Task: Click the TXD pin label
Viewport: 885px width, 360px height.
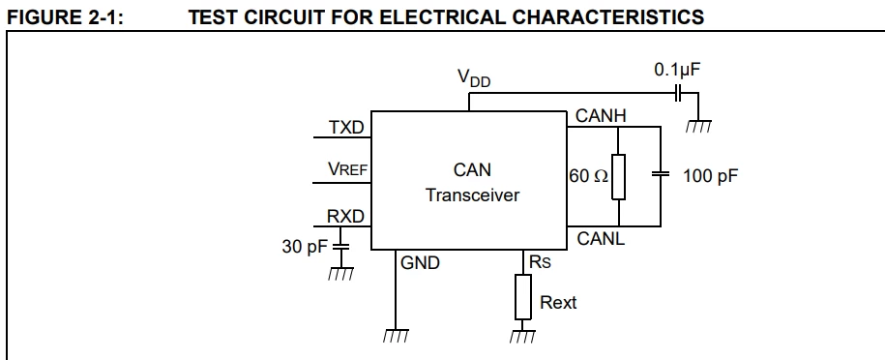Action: click(x=346, y=127)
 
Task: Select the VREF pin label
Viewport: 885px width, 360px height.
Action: click(x=347, y=168)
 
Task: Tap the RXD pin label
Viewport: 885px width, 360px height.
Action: click(x=345, y=217)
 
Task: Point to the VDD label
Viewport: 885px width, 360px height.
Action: click(x=474, y=78)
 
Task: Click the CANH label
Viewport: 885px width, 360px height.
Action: click(x=601, y=116)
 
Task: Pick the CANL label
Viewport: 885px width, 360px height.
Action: click(x=601, y=239)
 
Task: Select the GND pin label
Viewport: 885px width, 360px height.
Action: click(x=420, y=263)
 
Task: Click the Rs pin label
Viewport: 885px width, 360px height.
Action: click(x=540, y=261)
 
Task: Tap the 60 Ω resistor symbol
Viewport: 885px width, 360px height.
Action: click(x=619, y=176)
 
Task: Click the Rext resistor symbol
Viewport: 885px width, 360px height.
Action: click(x=522, y=297)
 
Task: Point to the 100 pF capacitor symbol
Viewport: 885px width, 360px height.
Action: click(x=661, y=174)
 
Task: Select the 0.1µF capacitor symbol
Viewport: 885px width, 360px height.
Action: click(x=679, y=93)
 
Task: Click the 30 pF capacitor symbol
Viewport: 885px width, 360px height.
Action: click(x=340, y=246)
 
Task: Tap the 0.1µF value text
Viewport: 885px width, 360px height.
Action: click(x=678, y=70)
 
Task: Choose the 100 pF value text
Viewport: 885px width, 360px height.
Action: click(x=710, y=176)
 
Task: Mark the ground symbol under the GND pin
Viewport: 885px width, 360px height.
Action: click(x=395, y=336)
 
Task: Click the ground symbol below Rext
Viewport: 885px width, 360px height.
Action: click(x=522, y=336)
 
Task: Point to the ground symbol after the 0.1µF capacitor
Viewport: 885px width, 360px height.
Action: click(x=698, y=127)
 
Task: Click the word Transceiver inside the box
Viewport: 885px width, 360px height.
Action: click(x=472, y=195)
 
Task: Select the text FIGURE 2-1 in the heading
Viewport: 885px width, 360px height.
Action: click(x=65, y=17)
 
